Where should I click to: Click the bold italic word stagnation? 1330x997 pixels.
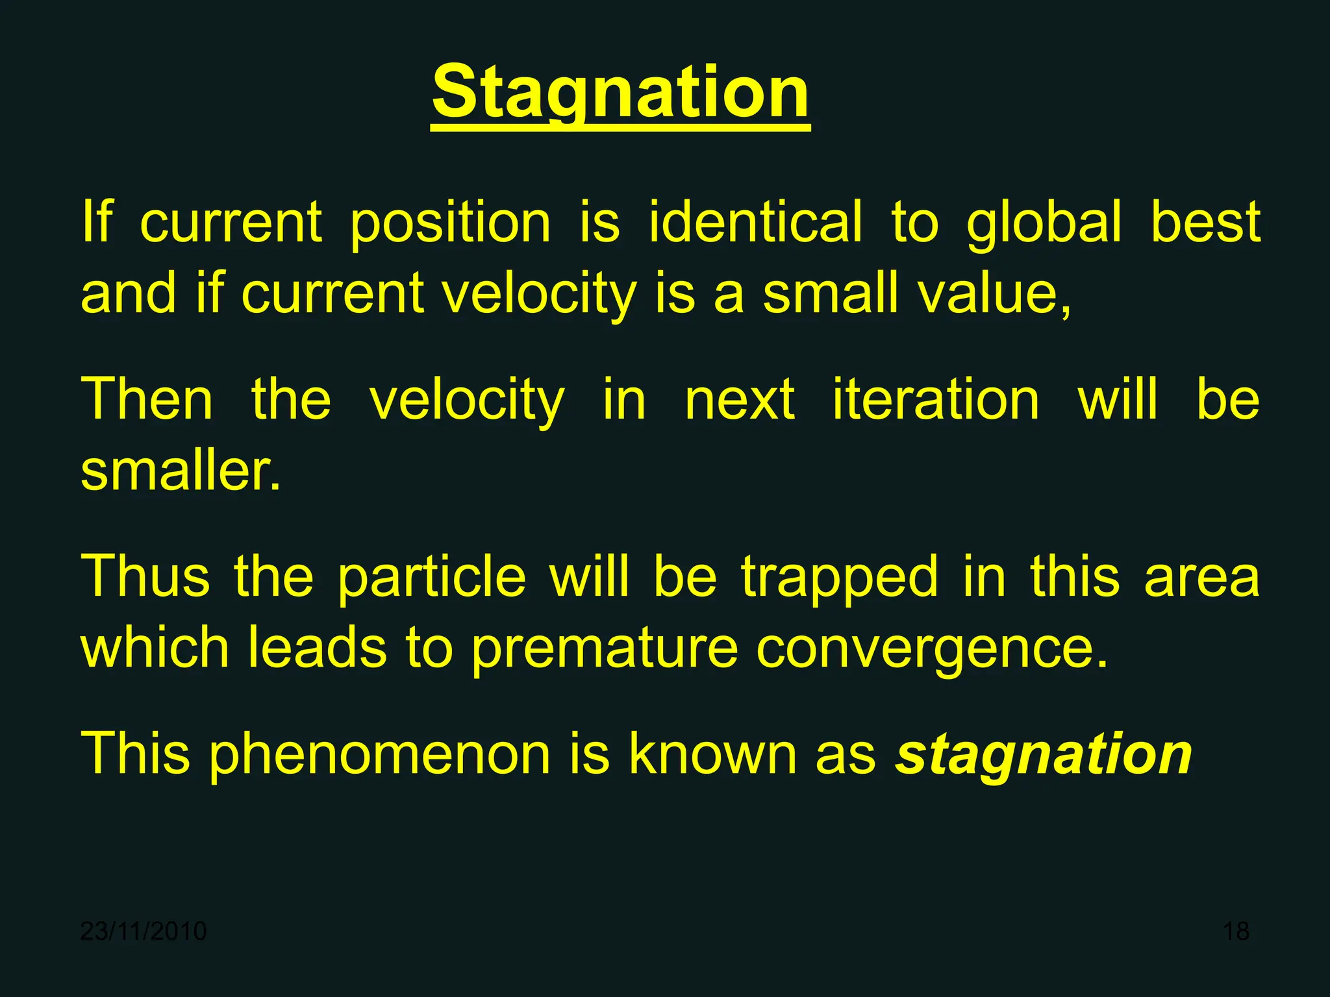(x=1044, y=754)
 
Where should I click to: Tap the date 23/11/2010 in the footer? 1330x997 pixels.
(x=144, y=931)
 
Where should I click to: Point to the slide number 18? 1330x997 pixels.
(x=1236, y=931)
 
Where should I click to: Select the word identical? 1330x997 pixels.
(x=756, y=222)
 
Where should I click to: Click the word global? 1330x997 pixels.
(x=1044, y=222)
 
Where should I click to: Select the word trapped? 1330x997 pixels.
(x=840, y=578)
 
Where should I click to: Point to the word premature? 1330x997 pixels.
(x=605, y=649)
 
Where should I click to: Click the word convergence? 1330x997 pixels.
(x=932, y=649)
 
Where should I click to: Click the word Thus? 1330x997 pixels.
(x=145, y=576)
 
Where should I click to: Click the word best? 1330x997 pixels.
(x=1205, y=222)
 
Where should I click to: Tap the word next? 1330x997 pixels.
(x=740, y=400)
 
